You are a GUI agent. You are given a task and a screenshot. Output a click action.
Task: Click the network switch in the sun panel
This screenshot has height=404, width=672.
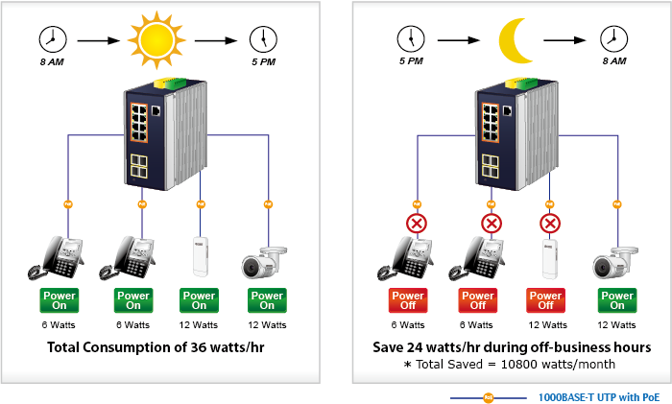[x=165, y=133]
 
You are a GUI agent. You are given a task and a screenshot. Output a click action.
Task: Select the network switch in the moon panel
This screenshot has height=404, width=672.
[x=517, y=133]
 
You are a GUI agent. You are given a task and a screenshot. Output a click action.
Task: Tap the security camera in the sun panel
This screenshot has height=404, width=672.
[x=266, y=261]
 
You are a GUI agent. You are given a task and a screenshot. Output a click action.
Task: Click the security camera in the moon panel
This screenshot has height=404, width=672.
[x=616, y=261]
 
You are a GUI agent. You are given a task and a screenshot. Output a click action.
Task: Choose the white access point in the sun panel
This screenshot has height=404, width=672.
[x=201, y=255]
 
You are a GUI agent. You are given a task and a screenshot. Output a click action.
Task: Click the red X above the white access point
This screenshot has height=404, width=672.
[x=550, y=224]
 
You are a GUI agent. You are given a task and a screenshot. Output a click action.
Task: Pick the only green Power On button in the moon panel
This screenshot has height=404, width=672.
[x=616, y=300]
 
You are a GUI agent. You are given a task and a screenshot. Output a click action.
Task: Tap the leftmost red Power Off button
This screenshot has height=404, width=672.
[x=408, y=300]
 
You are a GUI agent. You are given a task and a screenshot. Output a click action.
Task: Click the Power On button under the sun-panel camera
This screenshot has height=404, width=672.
[x=266, y=300]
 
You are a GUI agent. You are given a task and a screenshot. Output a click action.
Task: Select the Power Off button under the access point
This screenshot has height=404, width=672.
[x=546, y=300]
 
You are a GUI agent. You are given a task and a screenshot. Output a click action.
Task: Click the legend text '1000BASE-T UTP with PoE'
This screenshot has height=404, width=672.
[x=599, y=395]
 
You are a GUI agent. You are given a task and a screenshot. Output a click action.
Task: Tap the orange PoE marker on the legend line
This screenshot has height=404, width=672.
[x=489, y=395]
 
